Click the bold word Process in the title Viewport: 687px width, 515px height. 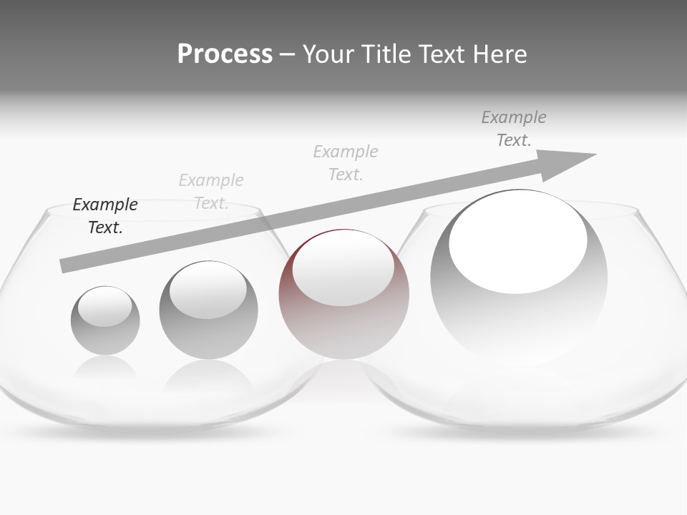(225, 54)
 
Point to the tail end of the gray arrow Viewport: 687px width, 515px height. (63, 265)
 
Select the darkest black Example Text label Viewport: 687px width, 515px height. (105, 215)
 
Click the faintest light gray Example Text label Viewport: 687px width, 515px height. (211, 191)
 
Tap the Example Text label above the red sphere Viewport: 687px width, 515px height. (346, 162)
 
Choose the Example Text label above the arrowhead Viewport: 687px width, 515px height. (513, 128)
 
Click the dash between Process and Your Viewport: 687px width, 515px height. (287, 54)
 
